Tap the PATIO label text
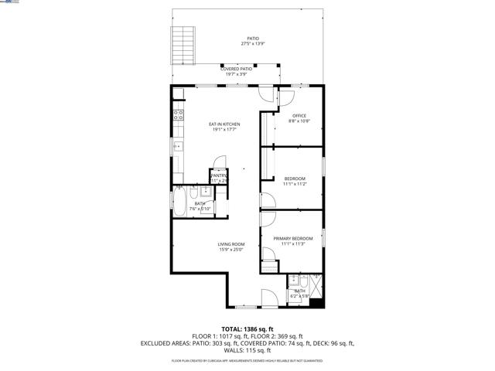253,38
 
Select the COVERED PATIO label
235,69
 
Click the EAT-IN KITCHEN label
224,124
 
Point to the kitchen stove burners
177,117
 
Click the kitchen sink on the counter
177,145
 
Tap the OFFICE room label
299,116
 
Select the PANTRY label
217,175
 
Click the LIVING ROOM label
230,244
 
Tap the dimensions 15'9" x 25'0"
230,250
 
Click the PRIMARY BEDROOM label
294,239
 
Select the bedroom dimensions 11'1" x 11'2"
295,184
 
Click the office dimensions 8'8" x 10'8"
299,121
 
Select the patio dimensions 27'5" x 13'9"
253,43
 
